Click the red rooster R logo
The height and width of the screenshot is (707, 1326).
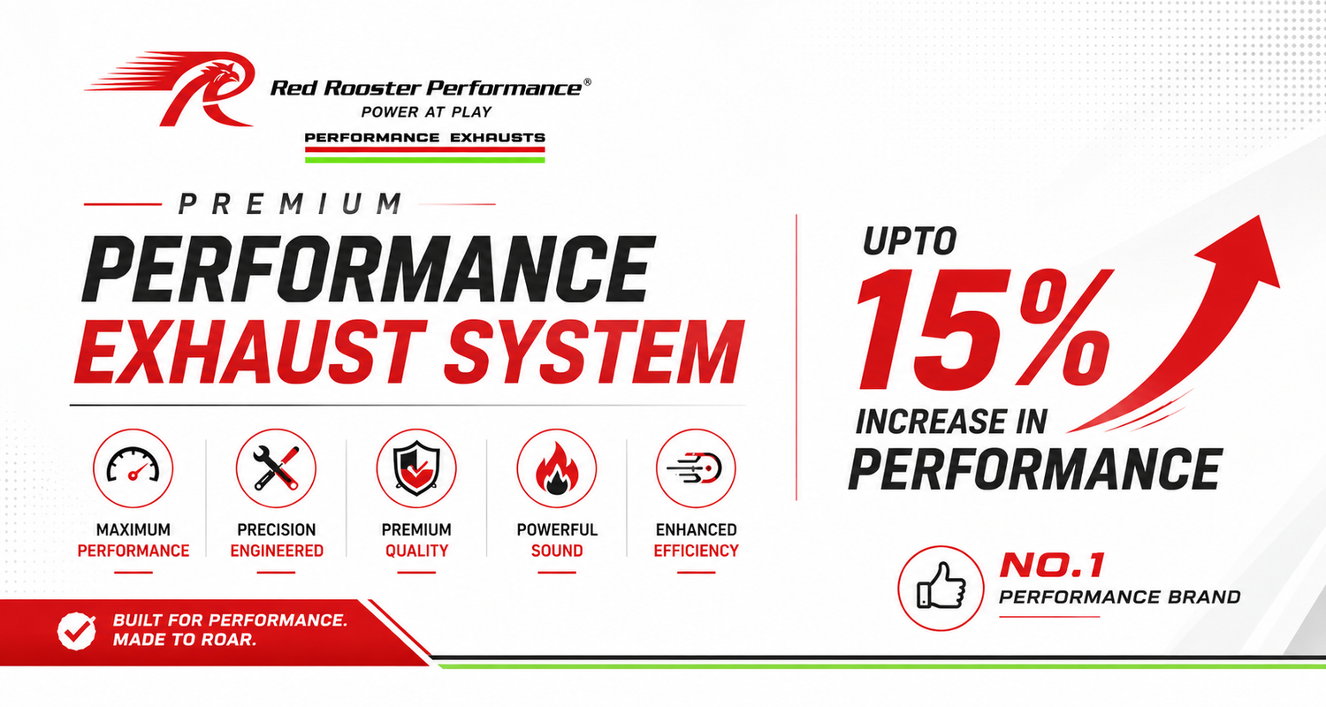[178, 87]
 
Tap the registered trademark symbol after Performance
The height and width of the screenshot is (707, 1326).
[587, 82]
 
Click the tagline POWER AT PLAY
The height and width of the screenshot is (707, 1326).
[426, 112]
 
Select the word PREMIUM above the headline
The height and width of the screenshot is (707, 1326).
[290, 204]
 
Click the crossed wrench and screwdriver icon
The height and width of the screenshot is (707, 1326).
[276, 468]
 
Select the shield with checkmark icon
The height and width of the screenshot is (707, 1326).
[416, 468]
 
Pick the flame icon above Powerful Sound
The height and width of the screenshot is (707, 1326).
[556, 468]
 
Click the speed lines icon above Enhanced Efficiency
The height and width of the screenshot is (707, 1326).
[697, 468]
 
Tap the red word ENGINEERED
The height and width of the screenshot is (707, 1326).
[277, 551]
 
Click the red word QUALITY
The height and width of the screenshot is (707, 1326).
[416, 551]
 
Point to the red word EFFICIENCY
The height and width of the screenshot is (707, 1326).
[697, 551]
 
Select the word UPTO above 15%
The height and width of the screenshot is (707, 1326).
[910, 240]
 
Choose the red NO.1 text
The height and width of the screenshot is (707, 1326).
[1052, 566]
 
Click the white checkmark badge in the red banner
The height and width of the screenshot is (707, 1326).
[76, 631]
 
